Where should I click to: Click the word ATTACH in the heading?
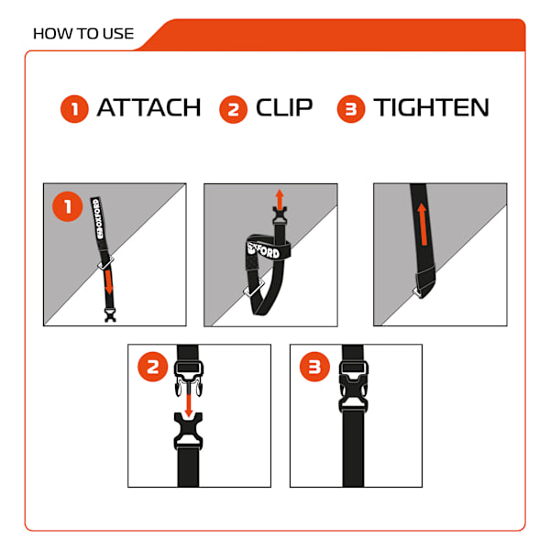[x=148, y=107]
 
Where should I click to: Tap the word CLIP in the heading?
[x=284, y=107]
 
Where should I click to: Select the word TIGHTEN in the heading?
[x=431, y=107]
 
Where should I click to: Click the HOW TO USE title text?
[x=83, y=34]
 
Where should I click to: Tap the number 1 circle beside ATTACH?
[x=74, y=109]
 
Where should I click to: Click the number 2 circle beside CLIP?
[x=233, y=109]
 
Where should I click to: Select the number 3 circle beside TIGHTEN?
[x=351, y=109]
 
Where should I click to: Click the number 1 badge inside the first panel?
[x=67, y=206]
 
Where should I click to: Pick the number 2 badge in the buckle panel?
[x=153, y=367]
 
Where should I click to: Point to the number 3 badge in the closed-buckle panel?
[x=314, y=367]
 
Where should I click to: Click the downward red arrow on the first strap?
[x=109, y=282]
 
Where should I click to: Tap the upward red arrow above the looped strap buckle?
[x=280, y=199]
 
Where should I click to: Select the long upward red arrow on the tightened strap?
[x=423, y=225]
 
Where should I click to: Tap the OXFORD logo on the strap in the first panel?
[x=98, y=219]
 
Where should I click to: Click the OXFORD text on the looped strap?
[x=264, y=249]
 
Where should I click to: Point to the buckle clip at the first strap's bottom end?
[x=111, y=314]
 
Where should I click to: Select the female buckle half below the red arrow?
[x=188, y=431]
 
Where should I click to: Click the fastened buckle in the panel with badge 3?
[x=354, y=386]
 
